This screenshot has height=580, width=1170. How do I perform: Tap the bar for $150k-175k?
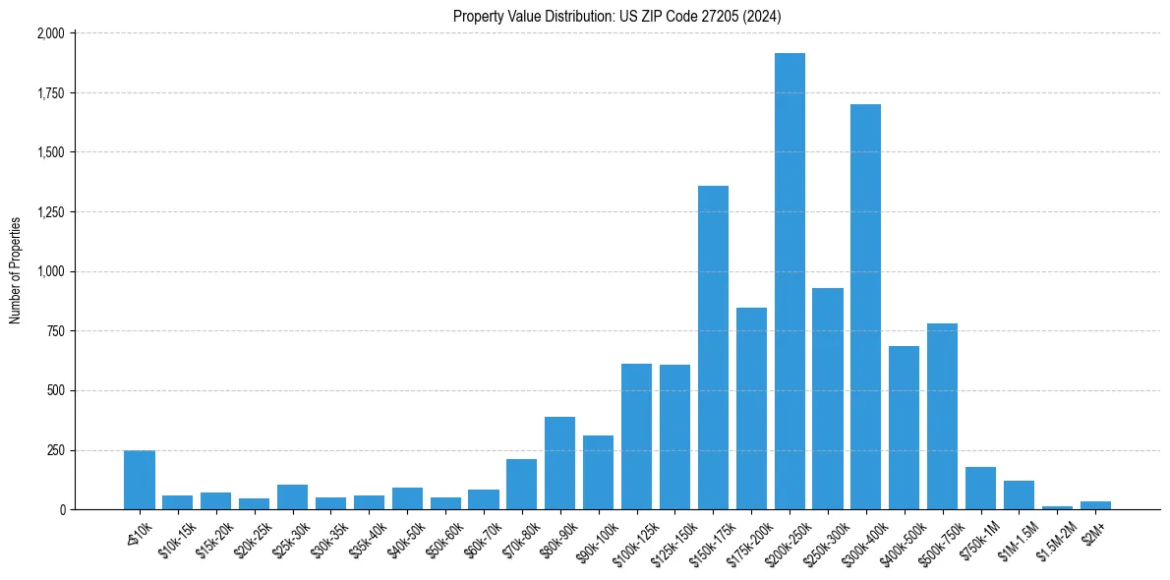[x=713, y=348]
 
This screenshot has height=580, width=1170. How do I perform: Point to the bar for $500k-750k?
[x=942, y=417]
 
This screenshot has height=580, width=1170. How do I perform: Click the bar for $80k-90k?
[x=559, y=463]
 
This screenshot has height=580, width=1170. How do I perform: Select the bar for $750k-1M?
[x=980, y=489]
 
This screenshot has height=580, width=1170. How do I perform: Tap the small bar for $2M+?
[x=1095, y=505]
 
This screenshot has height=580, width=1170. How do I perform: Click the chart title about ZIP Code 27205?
[x=617, y=16]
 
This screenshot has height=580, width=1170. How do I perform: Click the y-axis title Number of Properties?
[x=16, y=270]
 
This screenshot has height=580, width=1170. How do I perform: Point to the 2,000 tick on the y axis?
[x=51, y=33]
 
